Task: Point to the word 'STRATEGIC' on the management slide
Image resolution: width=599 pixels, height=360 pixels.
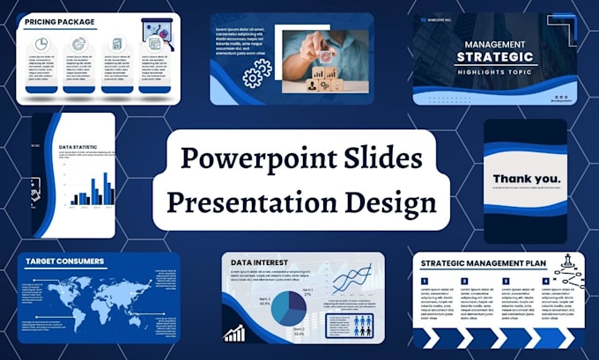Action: point(494,59)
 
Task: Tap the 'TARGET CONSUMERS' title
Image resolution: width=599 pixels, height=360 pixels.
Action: point(64,261)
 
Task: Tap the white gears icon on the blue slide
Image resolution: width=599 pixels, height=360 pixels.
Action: point(256,77)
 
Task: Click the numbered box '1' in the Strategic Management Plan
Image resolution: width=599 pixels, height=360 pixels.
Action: point(425,283)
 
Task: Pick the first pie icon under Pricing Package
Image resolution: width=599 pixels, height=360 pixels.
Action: point(41,44)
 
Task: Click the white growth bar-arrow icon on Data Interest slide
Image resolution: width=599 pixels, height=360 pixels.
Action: point(235,333)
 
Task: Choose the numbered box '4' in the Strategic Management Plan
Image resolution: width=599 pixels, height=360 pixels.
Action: point(546,283)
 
